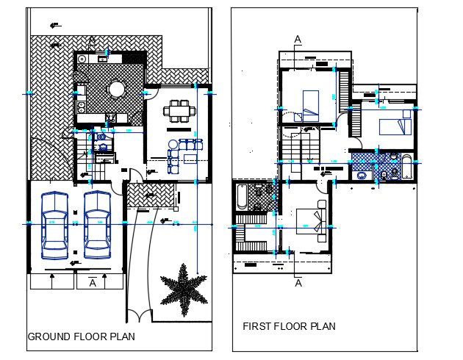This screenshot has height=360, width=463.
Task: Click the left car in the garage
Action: tap(54, 225)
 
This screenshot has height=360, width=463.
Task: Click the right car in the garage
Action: tap(97, 225)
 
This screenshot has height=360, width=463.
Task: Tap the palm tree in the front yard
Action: tap(183, 289)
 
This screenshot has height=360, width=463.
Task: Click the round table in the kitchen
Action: tap(117, 89)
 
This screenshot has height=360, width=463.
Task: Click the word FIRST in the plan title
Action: tap(259, 325)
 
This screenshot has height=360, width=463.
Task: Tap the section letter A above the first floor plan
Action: tap(297, 38)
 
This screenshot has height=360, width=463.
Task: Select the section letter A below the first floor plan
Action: tap(298, 281)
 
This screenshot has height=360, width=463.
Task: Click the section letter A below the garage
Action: tap(93, 281)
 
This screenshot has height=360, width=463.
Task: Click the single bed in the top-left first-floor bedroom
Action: tap(310, 104)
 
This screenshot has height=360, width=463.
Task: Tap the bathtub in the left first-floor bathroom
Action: tap(243, 197)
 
